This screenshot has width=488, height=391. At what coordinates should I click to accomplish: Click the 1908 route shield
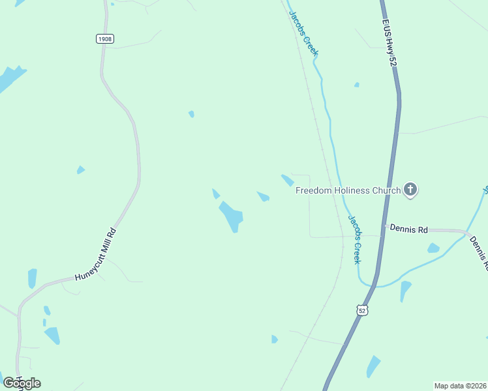104,39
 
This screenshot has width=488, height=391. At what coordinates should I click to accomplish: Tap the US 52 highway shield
363,311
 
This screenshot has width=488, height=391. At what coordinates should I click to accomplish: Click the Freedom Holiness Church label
348,190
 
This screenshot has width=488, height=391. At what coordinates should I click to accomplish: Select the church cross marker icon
410,190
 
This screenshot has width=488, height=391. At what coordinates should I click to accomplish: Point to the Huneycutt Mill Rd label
95,254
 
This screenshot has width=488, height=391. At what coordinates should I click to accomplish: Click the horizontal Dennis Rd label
408,229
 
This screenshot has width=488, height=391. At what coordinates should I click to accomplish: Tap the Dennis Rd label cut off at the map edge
478,253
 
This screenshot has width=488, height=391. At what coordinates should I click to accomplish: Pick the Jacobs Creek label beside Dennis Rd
354,239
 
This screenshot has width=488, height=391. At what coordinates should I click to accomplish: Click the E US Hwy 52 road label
389,43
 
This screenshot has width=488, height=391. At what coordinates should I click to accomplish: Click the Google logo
22,383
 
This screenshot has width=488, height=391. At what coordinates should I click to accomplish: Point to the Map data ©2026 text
460,385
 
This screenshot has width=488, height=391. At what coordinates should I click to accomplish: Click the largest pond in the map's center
232,216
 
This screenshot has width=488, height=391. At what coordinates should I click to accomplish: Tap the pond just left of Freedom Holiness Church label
287,180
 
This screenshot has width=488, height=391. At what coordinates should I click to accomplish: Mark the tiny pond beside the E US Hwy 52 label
356,85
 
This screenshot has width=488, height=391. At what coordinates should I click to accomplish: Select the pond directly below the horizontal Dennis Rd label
433,248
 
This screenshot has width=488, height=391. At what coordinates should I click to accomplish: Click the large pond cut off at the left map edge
10,79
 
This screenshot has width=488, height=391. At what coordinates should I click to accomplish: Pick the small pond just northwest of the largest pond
216,194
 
